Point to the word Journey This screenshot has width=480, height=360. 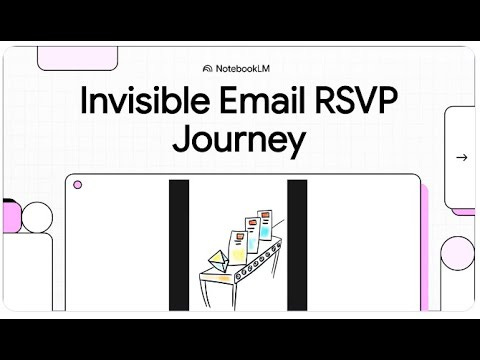coord(238,140)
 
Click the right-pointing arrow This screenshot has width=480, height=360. coord(461,157)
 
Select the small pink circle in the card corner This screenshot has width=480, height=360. coord(78,185)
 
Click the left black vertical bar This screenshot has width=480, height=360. coord(178,245)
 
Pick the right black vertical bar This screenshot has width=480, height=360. coord(296,245)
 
